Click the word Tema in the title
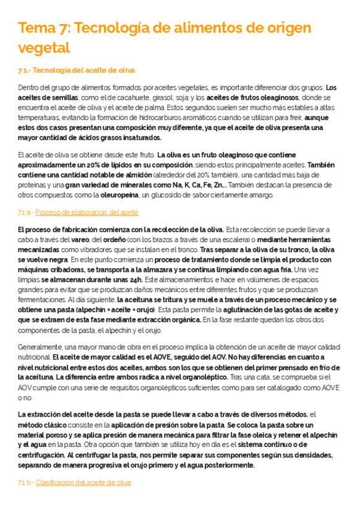(37, 29)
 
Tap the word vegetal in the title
(44, 48)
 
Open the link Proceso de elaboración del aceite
(87, 212)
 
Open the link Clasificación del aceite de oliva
(83, 482)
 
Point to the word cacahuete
(127, 98)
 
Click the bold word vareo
(79, 240)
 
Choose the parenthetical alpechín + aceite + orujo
(118, 310)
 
